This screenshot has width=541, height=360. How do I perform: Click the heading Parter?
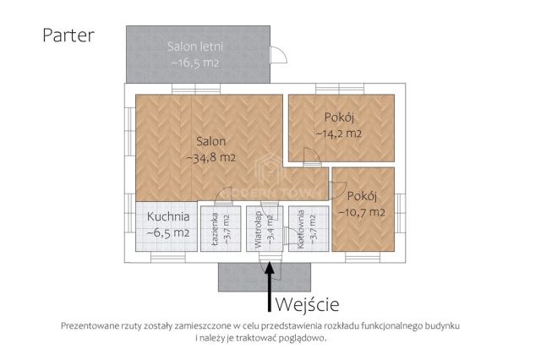tap(68, 35)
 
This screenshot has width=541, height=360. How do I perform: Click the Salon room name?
tap(210, 141)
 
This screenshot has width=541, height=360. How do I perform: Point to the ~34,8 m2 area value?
tap(210, 157)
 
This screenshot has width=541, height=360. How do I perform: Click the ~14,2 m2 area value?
tap(338, 134)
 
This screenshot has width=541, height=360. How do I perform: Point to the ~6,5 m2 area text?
tap(167, 233)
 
